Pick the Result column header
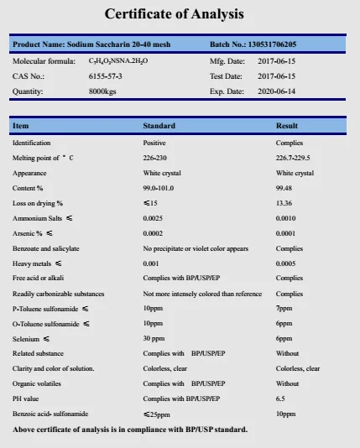click(287, 126)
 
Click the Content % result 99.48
click(284, 188)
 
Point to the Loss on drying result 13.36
click(284, 203)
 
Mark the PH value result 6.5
click(281, 399)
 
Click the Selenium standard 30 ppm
click(154, 338)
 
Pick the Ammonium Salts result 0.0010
click(286, 218)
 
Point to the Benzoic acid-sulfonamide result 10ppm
click(286, 414)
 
